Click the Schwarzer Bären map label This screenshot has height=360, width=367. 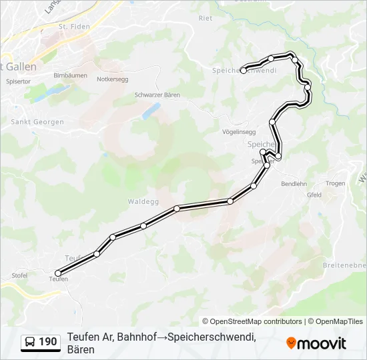(157, 95)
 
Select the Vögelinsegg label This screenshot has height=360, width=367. (239, 132)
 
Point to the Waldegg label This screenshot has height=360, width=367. (141, 201)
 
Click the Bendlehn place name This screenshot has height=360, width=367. (294, 183)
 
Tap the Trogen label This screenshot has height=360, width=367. (336, 183)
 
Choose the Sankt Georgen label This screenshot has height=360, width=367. (37, 122)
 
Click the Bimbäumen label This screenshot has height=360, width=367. (70, 75)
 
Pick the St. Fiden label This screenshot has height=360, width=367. (73, 27)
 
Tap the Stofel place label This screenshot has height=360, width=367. (20, 275)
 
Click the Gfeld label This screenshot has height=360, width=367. (314, 195)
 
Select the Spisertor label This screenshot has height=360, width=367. (19, 81)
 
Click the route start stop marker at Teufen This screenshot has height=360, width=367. (58, 273)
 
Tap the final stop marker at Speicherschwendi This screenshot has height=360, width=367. (244, 70)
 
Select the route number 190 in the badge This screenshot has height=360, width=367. (48, 342)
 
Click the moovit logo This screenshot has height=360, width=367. (316, 343)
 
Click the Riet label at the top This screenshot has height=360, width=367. (206, 19)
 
